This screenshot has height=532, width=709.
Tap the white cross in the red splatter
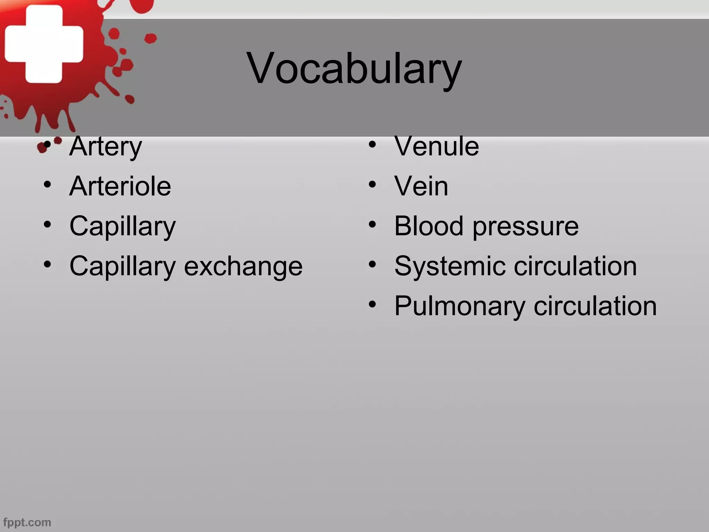(x=44, y=44)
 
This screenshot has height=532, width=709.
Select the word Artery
(x=106, y=147)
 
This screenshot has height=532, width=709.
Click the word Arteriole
(x=120, y=186)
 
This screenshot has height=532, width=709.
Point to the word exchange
(x=243, y=267)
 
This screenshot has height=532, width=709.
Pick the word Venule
(x=437, y=146)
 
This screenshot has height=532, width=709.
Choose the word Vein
(x=421, y=186)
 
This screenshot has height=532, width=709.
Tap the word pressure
(x=526, y=227)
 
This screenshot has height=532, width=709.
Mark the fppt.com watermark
(x=27, y=522)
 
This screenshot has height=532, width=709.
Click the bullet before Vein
(x=372, y=185)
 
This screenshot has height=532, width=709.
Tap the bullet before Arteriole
(x=47, y=185)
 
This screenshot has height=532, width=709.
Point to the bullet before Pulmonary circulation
(x=372, y=304)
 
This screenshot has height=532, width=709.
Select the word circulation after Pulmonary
(x=595, y=306)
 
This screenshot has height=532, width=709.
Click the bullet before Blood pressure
(x=372, y=224)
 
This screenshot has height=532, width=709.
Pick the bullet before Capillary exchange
(x=47, y=265)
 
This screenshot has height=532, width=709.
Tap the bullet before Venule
(x=372, y=145)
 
